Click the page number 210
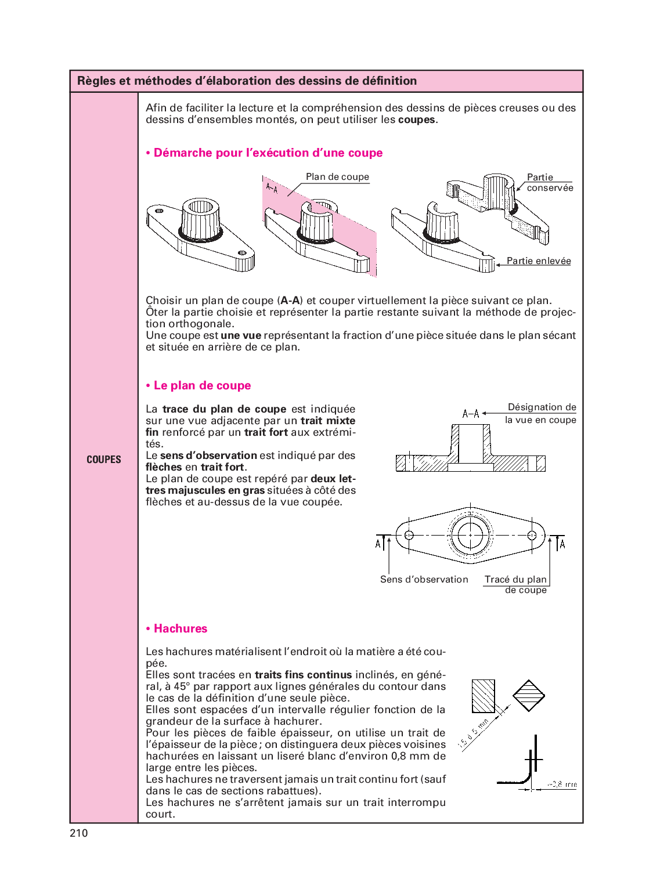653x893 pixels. (x=79, y=833)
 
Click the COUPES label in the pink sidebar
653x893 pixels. (x=104, y=460)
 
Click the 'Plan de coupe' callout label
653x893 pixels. (x=337, y=177)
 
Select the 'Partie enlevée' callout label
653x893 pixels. (x=539, y=261)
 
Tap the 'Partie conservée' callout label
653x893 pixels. (x=549, y=183)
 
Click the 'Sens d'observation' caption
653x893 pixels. (x=424, y=579)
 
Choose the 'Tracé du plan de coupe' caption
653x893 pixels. (x=516, y=584)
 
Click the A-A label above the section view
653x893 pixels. (x=471, y=414)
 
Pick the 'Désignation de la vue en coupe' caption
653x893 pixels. (x=541, y=413)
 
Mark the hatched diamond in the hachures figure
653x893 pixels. (x=529, y=695)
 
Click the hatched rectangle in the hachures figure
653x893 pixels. (x=483, y=696)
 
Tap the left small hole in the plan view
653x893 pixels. (x=409, y=535)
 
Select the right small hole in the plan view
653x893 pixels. (x=532, y=535)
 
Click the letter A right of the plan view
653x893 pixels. (x=562, y=544)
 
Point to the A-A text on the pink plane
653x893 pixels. (x=272, y=188)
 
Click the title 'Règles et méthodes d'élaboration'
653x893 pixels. (x=247, y=81)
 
